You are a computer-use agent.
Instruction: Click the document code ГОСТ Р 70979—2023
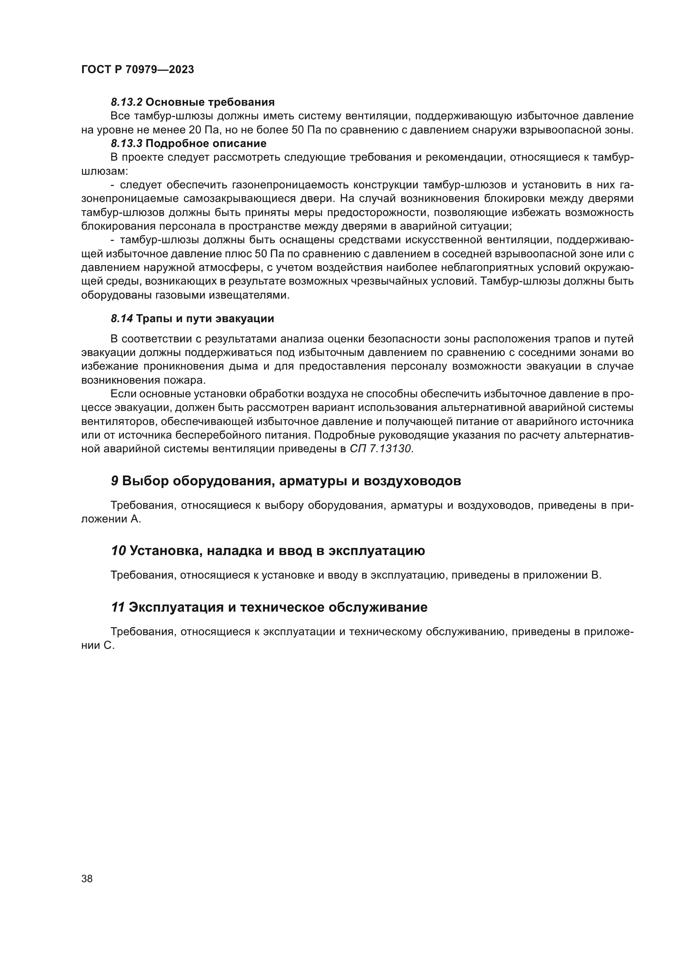click(x=138, y=70)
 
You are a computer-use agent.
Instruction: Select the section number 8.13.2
click(x=127, y=102)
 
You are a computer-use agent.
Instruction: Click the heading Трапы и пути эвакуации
click(x=205, y=318)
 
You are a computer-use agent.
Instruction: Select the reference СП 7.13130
click(x=381, y=449)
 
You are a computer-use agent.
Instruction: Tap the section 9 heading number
click(x=114, y=481)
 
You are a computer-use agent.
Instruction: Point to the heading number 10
click(x=118, y=551)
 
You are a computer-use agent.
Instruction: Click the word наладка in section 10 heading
click(x=232, y=551)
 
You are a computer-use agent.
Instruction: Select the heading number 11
click(x=118, y=608)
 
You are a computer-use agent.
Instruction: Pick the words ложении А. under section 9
click(x=111, y=519)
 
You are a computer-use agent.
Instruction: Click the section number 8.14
click(x=122, y=318)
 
